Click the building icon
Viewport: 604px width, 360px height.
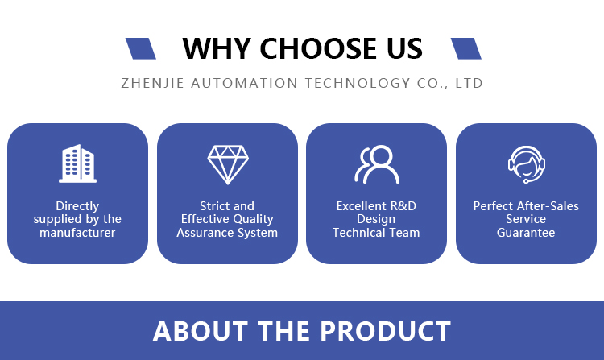click(77, 163)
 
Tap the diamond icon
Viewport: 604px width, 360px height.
click(228, 164)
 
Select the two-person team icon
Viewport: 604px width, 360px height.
click(377, 164)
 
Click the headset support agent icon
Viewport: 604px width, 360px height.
click(526, 164)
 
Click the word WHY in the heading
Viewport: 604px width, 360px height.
click(217, 49)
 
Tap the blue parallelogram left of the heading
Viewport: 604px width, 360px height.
click(141, 48)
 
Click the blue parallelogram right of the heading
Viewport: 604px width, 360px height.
click(466, 48)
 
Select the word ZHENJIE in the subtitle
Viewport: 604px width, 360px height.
click(152, 83)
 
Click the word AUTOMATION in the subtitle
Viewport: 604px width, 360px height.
click(244, 83)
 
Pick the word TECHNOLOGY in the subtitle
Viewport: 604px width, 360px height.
click(358, 83)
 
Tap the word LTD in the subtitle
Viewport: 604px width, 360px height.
click(469, 83)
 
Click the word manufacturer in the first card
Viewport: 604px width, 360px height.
click(77, 233)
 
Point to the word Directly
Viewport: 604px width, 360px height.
click(77, 207)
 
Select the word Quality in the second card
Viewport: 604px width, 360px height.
click(253, 220)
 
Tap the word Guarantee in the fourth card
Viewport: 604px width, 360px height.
click(526, 233)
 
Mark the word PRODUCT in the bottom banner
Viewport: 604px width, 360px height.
click(385, 331)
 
